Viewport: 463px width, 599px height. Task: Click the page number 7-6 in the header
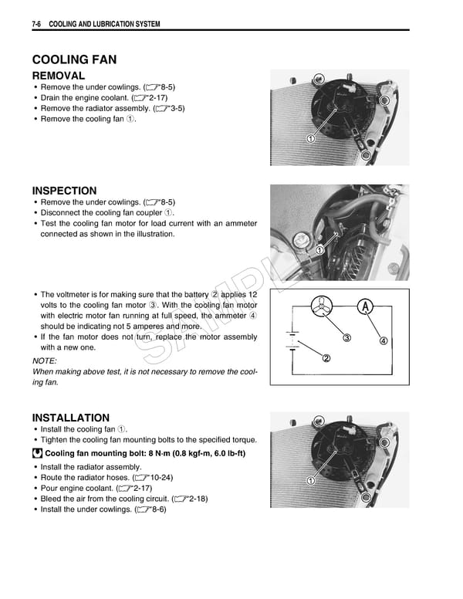pos(36,25)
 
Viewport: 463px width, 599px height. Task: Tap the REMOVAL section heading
pos(58,76)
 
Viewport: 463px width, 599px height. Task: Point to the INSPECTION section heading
pos(64,191)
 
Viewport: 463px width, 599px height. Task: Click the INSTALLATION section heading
pos(70,418)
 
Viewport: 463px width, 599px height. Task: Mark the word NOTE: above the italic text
pos(45,360)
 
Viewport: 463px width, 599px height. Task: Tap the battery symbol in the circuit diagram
pos(292,340)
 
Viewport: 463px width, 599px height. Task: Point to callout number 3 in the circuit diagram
pos(347,338)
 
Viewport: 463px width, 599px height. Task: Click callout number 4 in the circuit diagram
pos(383,341)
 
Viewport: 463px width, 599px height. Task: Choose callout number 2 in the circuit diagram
pos(326,358)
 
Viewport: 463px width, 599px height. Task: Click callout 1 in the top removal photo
pos(310,139)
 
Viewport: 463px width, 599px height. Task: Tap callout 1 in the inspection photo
pos(319,250)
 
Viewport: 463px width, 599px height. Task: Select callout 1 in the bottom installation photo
pos(310,481)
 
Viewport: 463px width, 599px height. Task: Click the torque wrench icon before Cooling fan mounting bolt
pos(38,453)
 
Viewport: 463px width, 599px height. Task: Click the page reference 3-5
pos(174,109)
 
